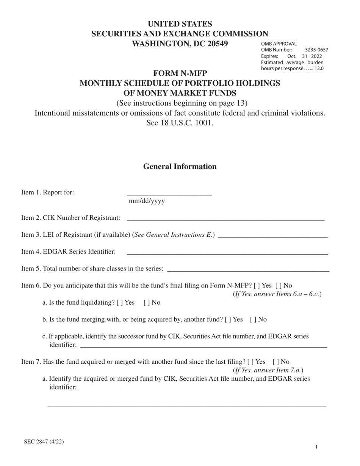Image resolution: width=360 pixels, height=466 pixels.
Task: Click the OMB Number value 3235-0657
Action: click(x=316, y=50)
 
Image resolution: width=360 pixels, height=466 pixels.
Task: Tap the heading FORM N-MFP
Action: click(x=180, y=73)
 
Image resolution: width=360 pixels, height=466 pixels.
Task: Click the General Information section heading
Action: click(x=180, y=167)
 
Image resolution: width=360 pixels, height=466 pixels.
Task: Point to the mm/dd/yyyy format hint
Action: click(x=147, y=201)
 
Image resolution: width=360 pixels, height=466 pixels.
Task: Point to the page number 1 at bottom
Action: click(x=316, y=447)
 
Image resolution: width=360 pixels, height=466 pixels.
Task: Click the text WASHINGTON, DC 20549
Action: click(x=180, y=44)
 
